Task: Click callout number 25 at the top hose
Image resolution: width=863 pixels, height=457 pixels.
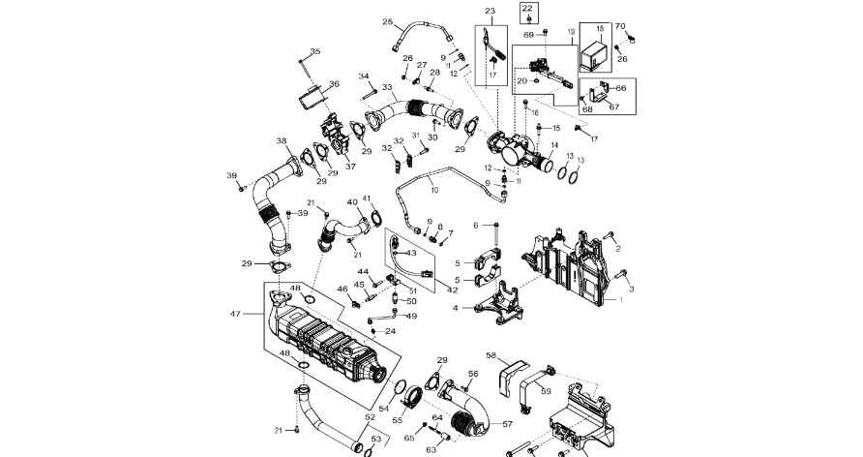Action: tap(387, 22)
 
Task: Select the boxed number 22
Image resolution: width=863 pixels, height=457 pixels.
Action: tap(527, 8)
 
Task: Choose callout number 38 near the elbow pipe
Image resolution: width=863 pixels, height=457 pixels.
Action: tap(282, 140)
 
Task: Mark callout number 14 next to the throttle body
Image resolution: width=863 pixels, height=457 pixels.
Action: tap(554, 147)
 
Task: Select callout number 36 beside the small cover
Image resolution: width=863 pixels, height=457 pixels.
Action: tap(334, 84)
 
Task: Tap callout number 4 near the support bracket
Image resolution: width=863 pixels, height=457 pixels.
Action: tap(456, 309)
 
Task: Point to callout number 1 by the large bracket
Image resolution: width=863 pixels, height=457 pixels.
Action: tap(620, 300)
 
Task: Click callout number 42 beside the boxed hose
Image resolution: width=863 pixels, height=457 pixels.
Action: tap(453, 289)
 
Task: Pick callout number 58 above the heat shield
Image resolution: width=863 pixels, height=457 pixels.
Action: tap(491, 356)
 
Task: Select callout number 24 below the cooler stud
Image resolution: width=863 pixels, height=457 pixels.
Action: tap(391, 331)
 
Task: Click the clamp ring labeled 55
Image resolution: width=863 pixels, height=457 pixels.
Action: tap(412, 396)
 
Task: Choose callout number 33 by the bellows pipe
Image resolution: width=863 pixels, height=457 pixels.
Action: tap(387, 87)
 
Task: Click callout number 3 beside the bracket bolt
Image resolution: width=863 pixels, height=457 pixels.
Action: tap(632, 289)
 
